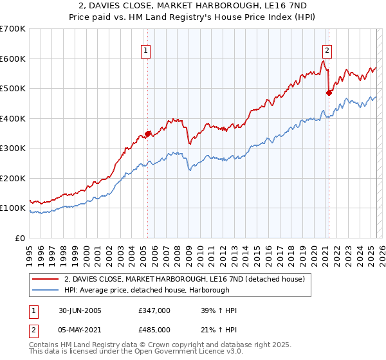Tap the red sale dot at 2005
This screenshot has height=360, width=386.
[148, 134]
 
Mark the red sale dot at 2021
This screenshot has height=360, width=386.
[329, 93]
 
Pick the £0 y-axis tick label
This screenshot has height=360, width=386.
[21, 238]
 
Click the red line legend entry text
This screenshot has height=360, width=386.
[188, 278]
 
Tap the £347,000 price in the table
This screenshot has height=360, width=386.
[154, 310]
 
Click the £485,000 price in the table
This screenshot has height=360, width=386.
[154, 330]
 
